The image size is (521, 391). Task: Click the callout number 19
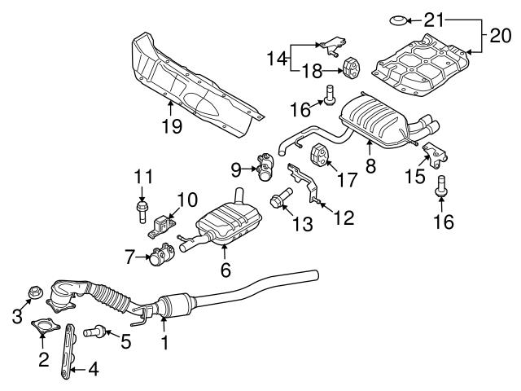(172, 126)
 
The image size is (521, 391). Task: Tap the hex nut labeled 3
(36, 291)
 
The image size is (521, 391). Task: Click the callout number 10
(188, 198)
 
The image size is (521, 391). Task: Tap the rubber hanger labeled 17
(319, 153)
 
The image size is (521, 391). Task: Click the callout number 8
(370, 166)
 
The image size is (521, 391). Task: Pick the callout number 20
(497, 34)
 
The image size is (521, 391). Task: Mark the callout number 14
(277, 58)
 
